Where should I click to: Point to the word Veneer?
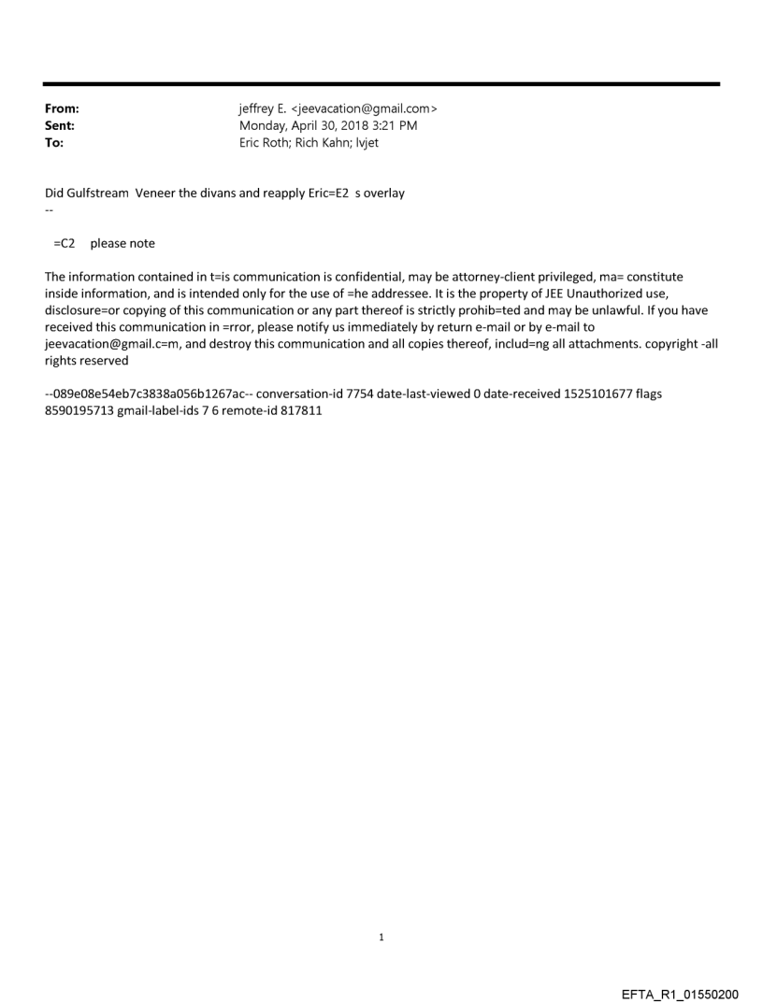[x=157, y=193]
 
